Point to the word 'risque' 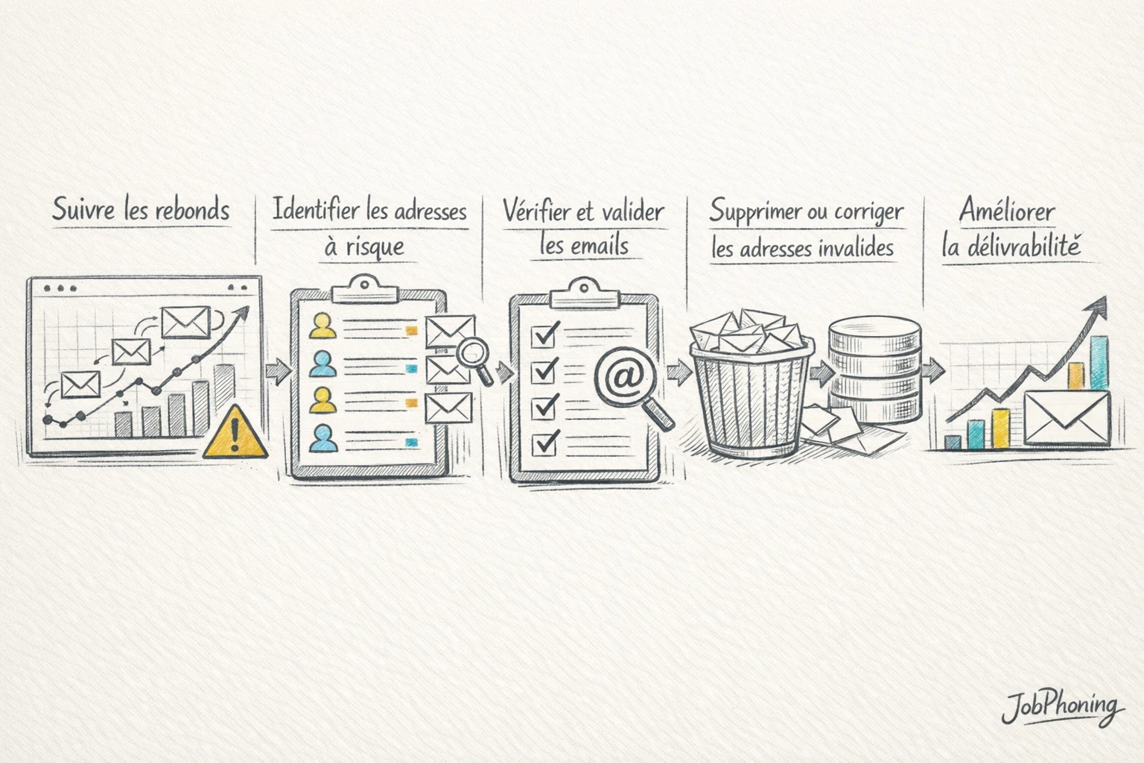[375, 248]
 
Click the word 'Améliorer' [1007, 210]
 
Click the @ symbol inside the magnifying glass [618, 377]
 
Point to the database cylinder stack [875, 369]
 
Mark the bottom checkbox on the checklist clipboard [544, 444]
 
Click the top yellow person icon [322, 326]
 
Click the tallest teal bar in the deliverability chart [1099, 363]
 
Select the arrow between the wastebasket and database [822, 373]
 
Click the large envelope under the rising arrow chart [1067, 417]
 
